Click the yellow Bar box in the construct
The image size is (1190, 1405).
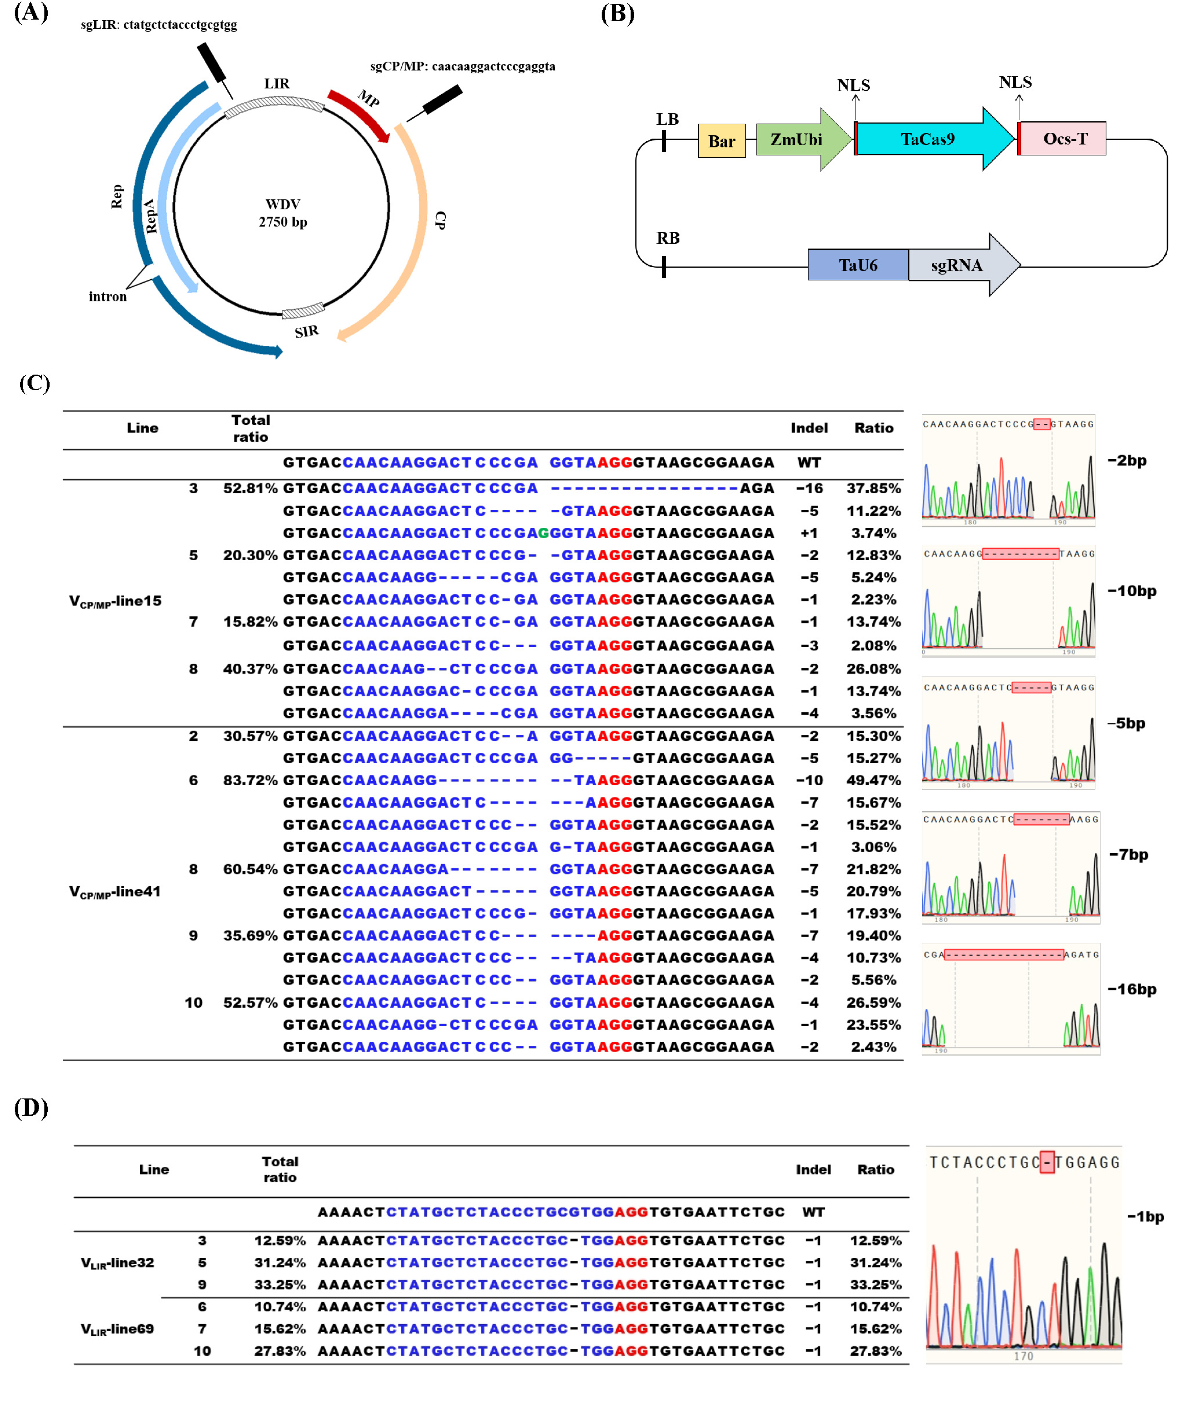click(x=721, y=141)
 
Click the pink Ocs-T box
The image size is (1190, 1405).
click(x=1065, y=139)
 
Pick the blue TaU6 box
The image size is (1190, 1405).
click(x=858, y=265)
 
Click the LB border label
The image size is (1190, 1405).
click(x=667, y=119)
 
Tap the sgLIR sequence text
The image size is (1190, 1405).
click(x=159, y=25)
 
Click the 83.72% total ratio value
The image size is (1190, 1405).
click(x=250, y=781)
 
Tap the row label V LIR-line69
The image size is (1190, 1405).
click(x=117, y=1329)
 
